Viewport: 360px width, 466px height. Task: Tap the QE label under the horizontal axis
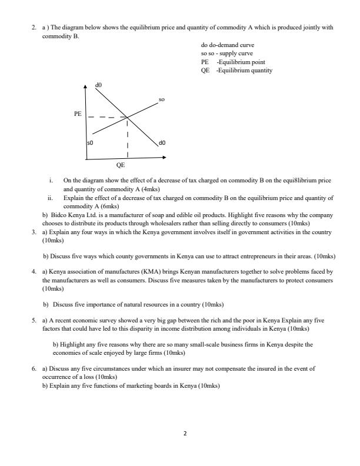121,166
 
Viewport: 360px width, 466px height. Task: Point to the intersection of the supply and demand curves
128,118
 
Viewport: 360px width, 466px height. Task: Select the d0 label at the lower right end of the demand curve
162,142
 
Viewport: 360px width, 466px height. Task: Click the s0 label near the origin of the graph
91,143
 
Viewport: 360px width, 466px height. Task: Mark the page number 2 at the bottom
185,434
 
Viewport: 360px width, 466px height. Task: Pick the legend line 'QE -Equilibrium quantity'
236,70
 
